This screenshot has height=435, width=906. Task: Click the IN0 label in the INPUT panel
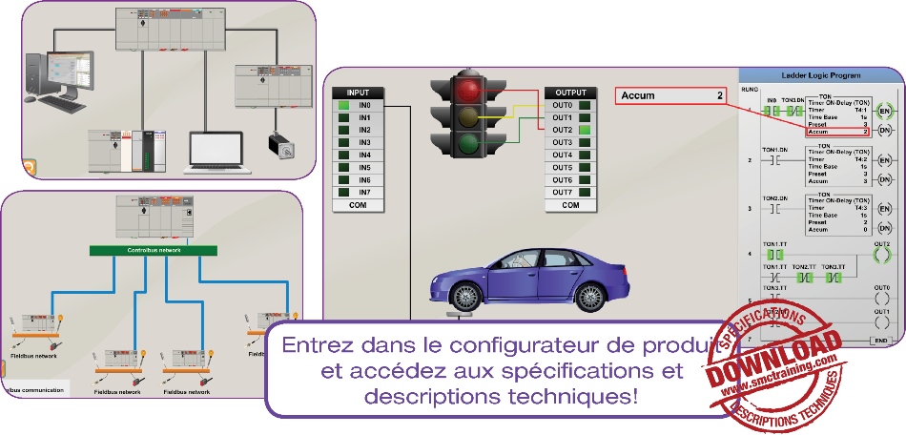click(363, 105)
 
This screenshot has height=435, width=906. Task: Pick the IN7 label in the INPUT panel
click(363, 192)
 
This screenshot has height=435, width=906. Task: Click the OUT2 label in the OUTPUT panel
click(563, 130)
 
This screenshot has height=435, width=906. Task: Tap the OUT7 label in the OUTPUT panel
click(563, 192)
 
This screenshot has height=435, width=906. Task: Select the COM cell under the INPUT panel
click(358, 205)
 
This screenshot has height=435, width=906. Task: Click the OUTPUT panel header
click(570, 93)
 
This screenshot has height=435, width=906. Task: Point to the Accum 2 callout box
click(672, 95)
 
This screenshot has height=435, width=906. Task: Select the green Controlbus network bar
click(154, 250)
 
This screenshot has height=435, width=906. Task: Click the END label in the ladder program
click(880, 340)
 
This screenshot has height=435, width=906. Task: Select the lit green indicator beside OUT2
click(585, 130)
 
